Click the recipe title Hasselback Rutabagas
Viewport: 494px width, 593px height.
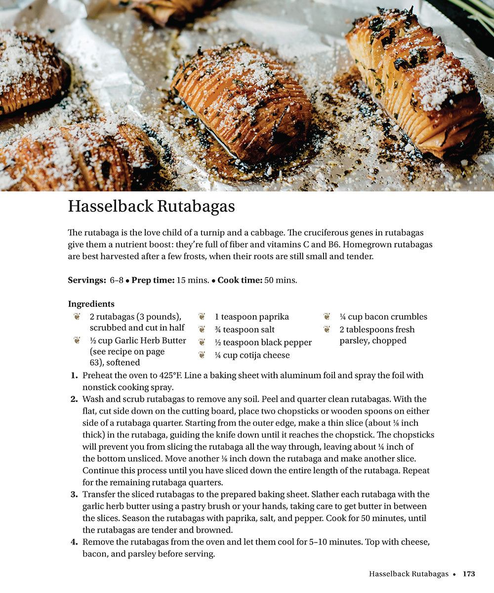(151, 207)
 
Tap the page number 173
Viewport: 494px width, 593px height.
(468, 574)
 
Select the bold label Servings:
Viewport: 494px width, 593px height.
(86, 280)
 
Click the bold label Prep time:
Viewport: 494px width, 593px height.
(153, 280)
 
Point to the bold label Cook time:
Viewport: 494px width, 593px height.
(240, 280)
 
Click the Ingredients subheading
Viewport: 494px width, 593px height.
(91, 304)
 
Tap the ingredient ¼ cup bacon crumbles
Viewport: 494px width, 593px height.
(383, 317)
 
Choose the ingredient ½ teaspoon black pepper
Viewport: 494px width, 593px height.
(263, 342)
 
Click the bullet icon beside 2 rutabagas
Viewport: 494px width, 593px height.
(77, 317)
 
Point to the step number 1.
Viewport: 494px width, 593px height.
(74, 376)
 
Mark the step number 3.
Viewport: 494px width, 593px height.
(74, 495)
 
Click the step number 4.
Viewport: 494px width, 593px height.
(74, 542)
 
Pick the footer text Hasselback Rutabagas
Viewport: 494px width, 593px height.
(409, 574)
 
